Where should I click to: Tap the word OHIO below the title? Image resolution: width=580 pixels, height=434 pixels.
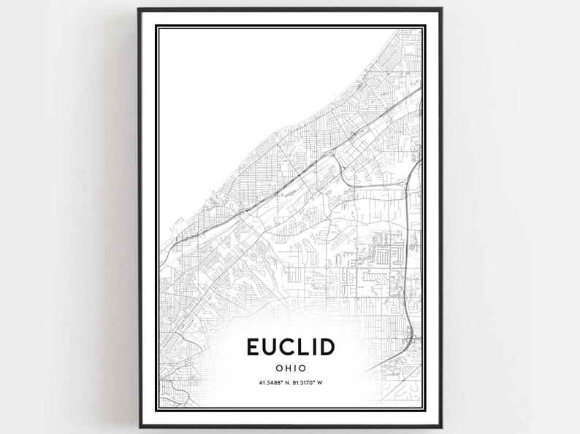click(291, 368)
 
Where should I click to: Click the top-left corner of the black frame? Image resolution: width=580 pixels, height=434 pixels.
click(139, 9)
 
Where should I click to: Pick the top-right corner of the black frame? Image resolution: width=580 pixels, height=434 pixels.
click(441, 9)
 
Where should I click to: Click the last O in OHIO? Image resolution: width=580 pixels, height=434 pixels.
click(302, 368)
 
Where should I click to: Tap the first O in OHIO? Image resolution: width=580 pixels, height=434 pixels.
click(278, 368)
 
